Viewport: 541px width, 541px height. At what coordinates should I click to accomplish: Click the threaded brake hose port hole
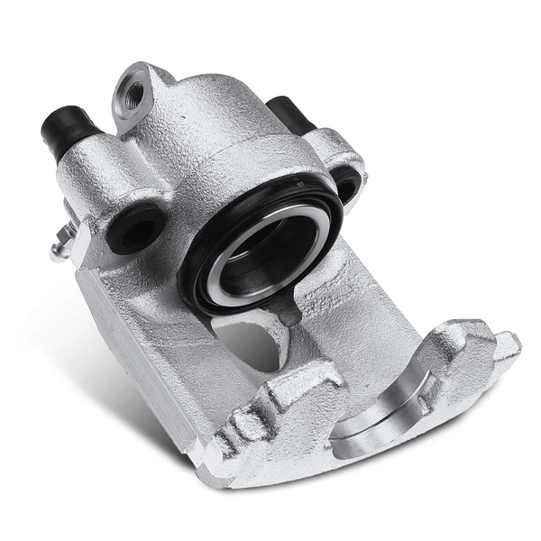click(133, 92)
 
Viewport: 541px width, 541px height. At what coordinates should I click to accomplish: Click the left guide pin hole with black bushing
click(133, 231)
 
